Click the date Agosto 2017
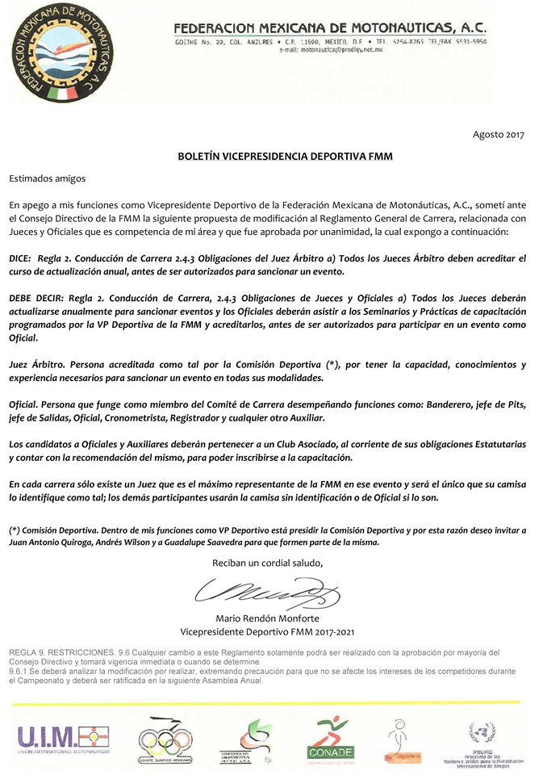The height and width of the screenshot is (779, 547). [498, 134]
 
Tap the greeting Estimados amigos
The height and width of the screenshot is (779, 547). [47, 178]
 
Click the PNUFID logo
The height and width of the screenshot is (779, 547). [483, 743]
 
